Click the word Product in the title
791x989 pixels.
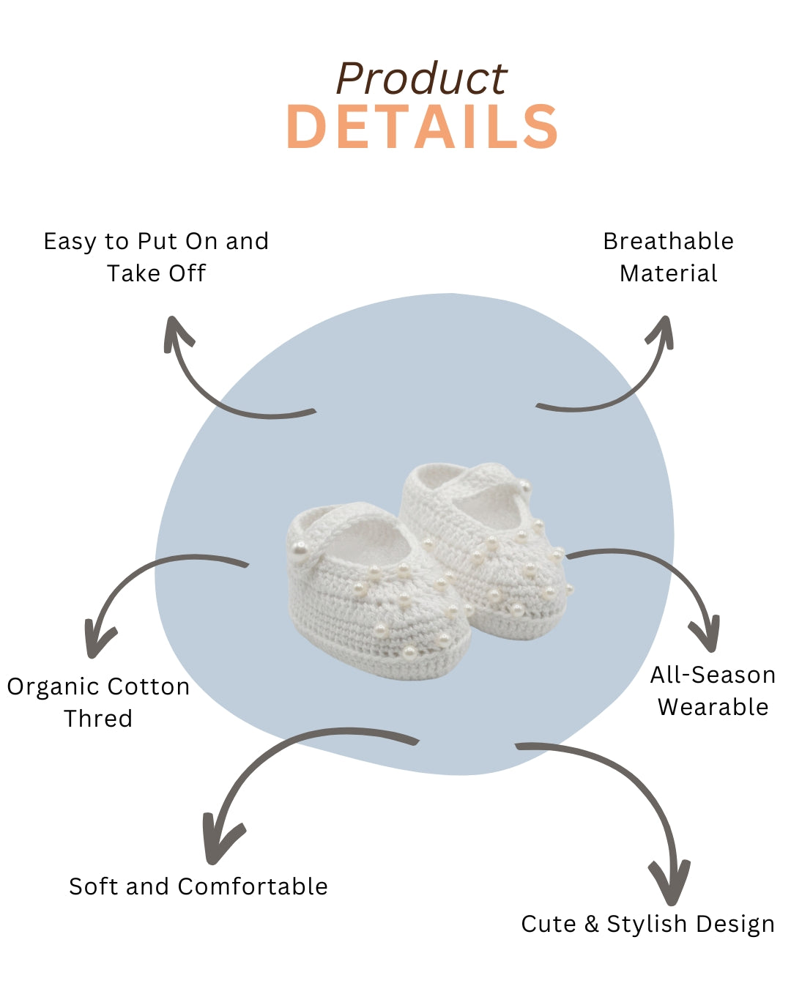[421, 79]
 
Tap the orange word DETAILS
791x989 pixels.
[422, 127]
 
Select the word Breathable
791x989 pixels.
[668, 241]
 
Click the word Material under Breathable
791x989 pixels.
[668, 273]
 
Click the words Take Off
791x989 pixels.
[156, 273]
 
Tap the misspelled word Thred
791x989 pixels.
[98, 719]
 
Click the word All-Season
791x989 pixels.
[713, 675]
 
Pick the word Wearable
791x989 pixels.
[713, 707]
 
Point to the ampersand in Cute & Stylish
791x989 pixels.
[591, 923]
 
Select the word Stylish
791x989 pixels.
[647, 925]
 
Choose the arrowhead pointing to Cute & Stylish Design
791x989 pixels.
[670, 882]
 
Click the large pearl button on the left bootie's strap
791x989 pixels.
[300, 550]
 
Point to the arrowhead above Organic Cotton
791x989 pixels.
[97, 642]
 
